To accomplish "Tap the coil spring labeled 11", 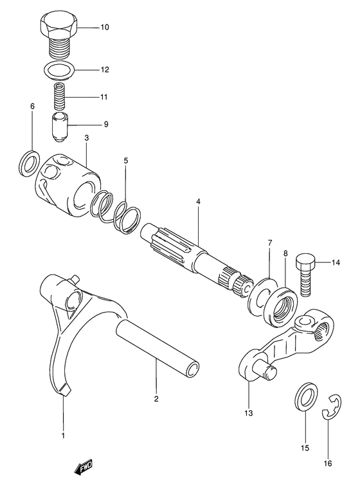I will click(60, 96).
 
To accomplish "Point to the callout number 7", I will click(270, 242).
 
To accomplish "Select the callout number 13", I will click(249, 413).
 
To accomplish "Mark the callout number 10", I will click(105, 28).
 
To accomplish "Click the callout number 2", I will click(156, 399).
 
